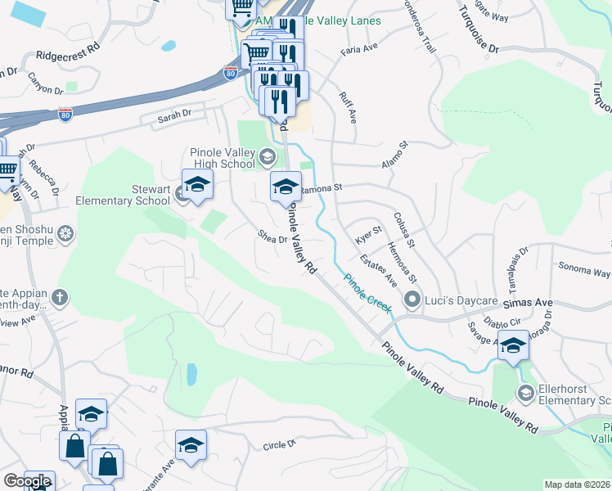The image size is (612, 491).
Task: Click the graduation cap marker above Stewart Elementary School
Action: tap(197, 185)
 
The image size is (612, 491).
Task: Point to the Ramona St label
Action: tap(322, 189)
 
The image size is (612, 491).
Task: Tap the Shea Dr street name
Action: tap(272, 238)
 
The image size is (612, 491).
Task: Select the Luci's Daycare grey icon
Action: tap(413, 300)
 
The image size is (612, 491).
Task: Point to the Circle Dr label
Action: tap(278, 446)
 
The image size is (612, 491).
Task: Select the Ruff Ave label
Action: tap(348, 107)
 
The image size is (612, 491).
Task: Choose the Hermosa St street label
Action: tap(403, 258)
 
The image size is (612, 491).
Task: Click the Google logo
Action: tap(26, 481)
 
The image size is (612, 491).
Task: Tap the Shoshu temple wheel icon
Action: tap(65, 236)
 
